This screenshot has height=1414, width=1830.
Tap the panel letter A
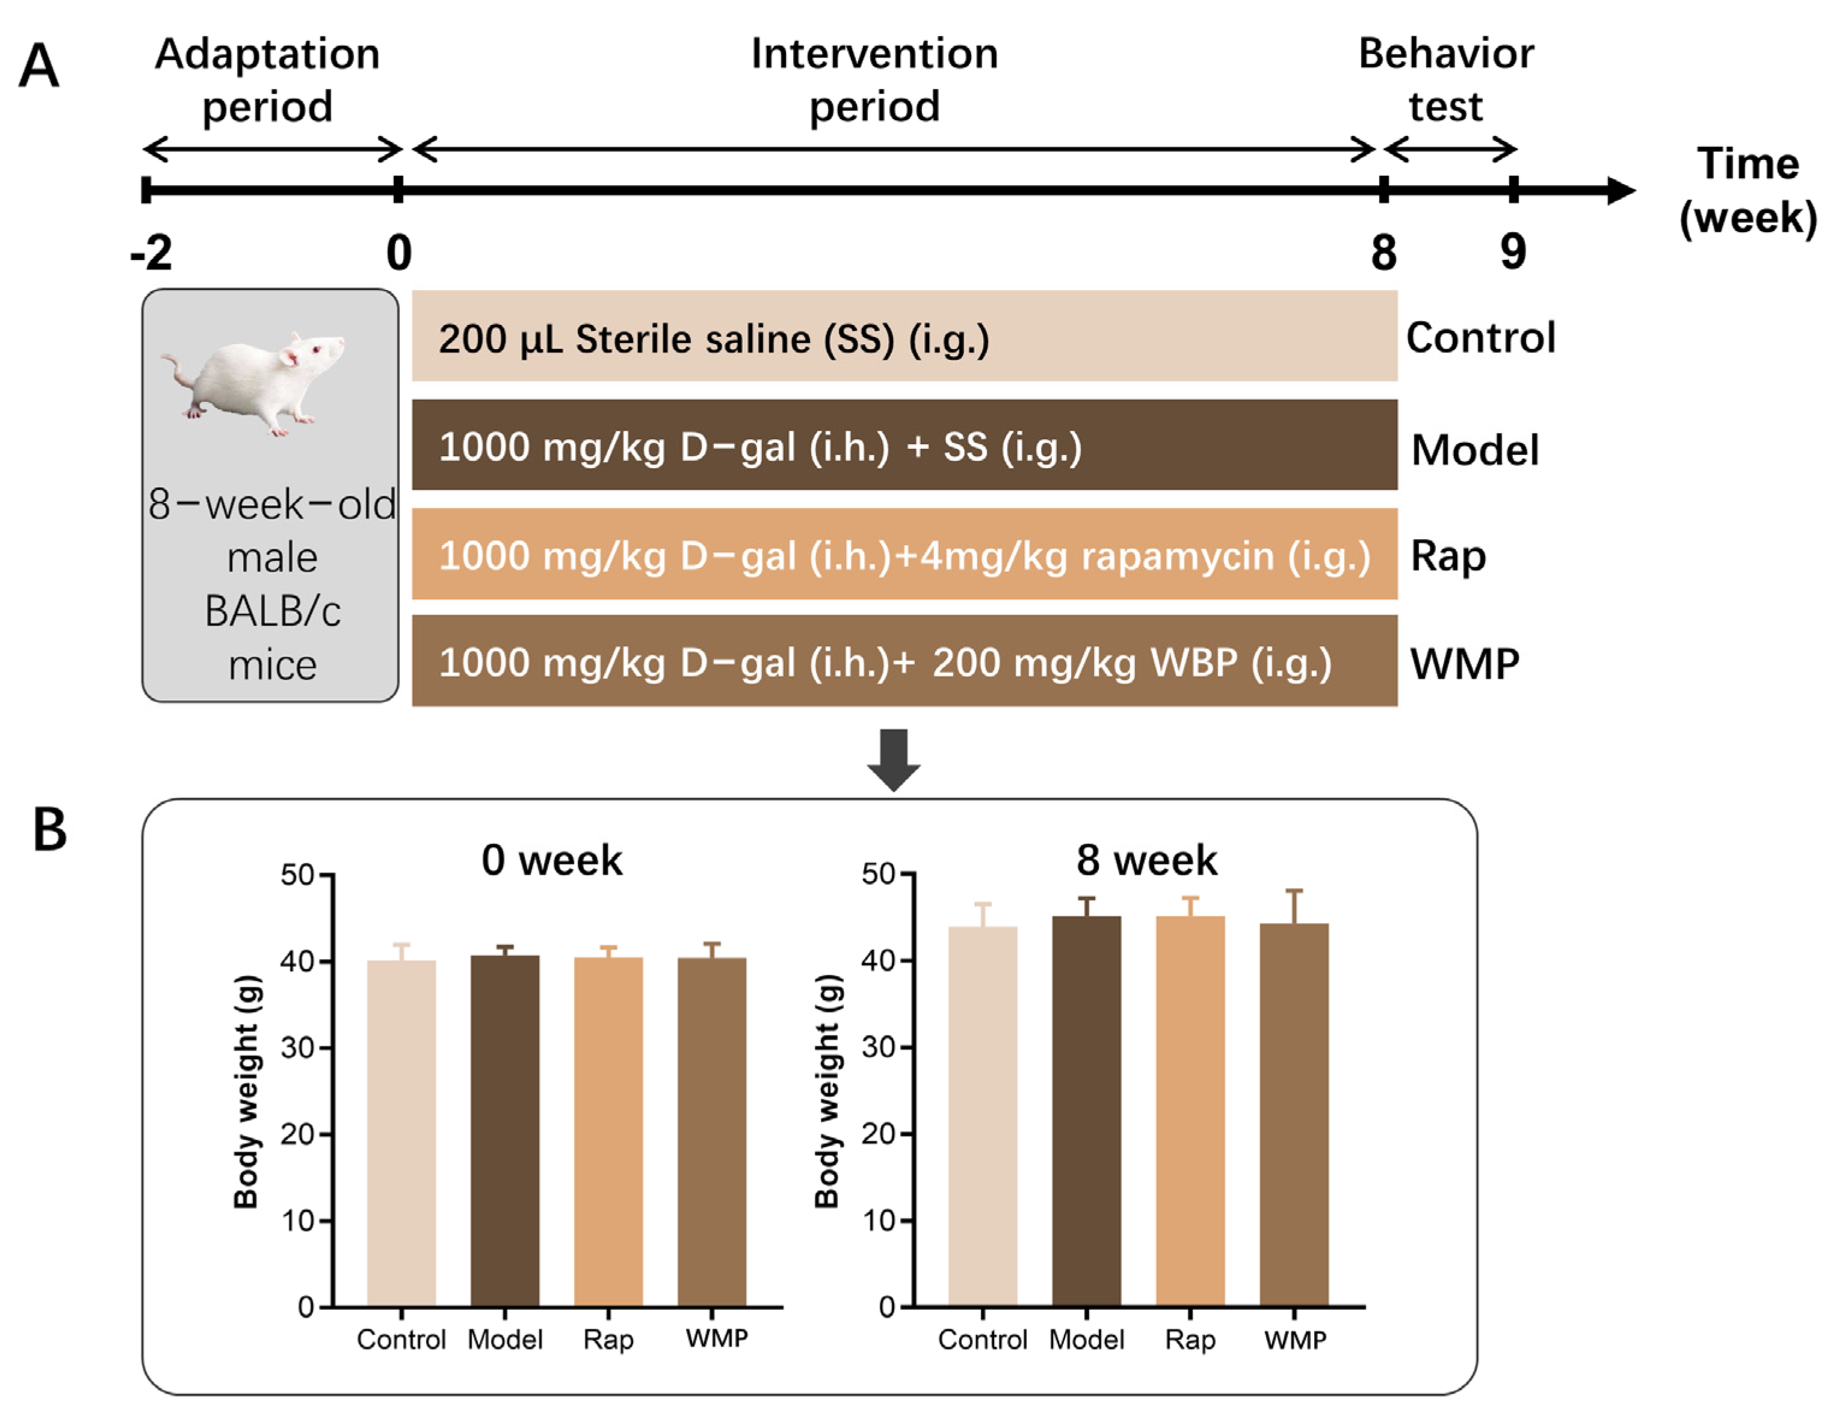(x=39, y=67)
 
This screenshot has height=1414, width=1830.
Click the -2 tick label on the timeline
(x=152, y=252)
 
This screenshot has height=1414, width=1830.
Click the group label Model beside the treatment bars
(x=1475, y=450)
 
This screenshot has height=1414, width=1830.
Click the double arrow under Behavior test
(x=1450, y=150)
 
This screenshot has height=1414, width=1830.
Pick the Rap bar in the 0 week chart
(x=608, y=1131)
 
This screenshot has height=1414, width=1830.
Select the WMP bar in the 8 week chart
(x=1294, y=1114)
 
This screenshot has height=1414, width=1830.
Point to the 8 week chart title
(x=1146, y=860)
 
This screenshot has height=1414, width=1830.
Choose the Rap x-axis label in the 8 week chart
(x=1190, y=1340)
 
